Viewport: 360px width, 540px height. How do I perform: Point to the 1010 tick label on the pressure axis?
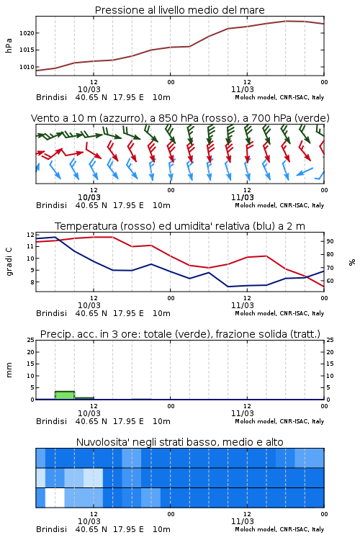(27, 67)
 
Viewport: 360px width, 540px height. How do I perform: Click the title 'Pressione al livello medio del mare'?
(180, 10)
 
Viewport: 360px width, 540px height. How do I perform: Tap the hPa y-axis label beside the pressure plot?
(9, 45)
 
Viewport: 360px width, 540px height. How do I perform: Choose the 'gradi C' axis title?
(9, 261)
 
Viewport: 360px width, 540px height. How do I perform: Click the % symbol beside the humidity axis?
(352, 262)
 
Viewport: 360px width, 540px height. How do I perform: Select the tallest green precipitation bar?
(65, 395)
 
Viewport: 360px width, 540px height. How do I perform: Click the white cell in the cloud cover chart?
(55, 498)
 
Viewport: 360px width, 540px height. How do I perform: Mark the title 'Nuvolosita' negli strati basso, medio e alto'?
(180, 442)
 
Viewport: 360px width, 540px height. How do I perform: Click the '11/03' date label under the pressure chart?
(243, 89)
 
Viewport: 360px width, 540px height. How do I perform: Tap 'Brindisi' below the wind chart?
(51, 205)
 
